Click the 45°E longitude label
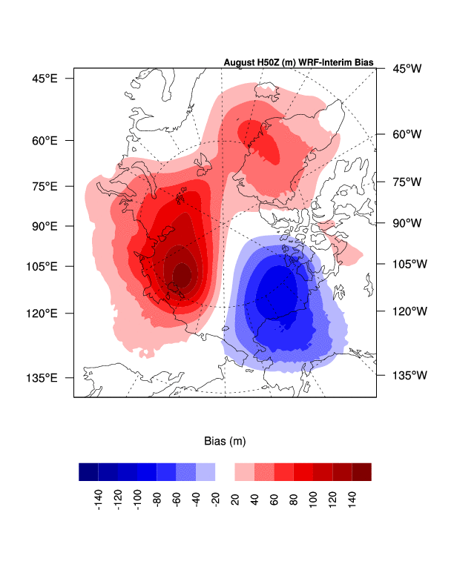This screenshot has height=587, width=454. tap(43, 78)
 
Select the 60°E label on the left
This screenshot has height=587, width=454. tap(43, 140)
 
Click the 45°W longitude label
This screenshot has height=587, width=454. tap(407, 69)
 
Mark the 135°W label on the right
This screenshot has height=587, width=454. tap(409, 375)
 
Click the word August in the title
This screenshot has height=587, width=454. tap(239, 62)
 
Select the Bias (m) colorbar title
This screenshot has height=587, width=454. tap(225, 441)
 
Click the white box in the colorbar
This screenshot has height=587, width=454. tap(225, 472)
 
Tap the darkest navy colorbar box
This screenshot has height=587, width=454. tap(88, 472)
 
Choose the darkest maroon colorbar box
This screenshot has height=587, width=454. tap(361, 472)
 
